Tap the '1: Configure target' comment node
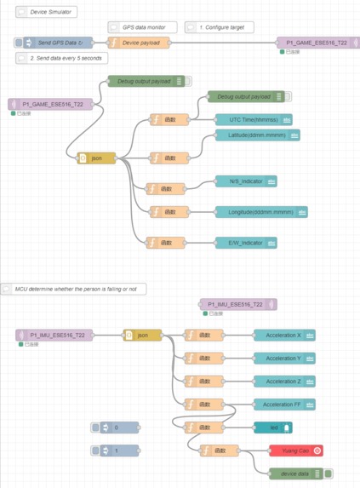pyautogui.click(x=219, y=27)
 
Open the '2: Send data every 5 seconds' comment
pyautogui.click(x=61, y=58)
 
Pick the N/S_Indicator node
pyautogui.click(x=245, y=181)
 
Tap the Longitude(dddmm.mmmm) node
pyautogui.click(x=260, y=211)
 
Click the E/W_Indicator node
pyautogui.click(x=245, y=243)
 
